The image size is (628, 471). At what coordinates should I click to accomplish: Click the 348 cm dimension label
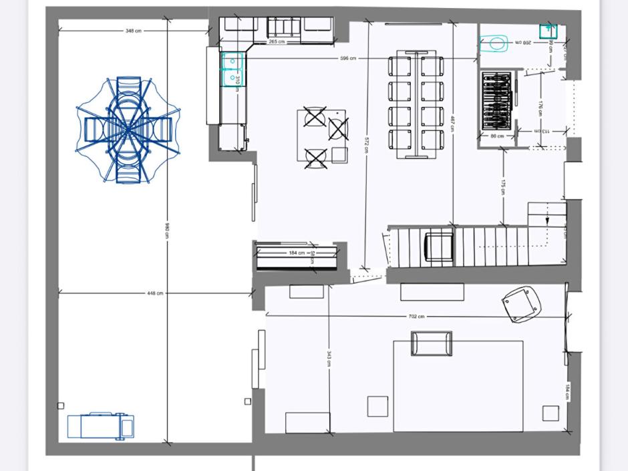pyautogui.click(x=134, y=31)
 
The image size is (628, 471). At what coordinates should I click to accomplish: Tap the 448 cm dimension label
pyautogui.click(x=155, y=293)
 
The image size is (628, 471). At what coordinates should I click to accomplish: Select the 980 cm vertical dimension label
pyautogui.click(x=166, y=231)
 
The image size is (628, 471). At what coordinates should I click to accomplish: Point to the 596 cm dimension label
pyautogui.click(x=348, y=59)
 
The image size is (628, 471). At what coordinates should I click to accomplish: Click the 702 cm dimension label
pyautogui.click(x=416, y=316)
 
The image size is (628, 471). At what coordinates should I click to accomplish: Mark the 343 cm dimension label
pyautogui.click(x=329, y=358)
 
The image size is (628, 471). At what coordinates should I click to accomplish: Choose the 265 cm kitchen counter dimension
pyautogui.click(x=277, y=41)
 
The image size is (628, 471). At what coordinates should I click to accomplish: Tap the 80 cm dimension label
pyautogui.click(x=496, y=136)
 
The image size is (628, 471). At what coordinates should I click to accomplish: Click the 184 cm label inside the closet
pyautogui.click(x=297, y=253)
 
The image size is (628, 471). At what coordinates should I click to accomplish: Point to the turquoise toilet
pyautogui.click(x=495, y=44)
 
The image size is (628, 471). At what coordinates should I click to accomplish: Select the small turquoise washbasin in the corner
pyautogui.click(x=548, y=30)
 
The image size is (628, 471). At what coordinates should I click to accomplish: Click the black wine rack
pyautogui.click(x=496, y=102)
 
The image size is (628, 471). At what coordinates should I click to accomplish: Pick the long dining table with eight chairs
pyautogui.click(x=416, y=104)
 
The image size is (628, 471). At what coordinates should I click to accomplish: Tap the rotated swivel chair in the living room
pyautogui.click(x=522, y=303)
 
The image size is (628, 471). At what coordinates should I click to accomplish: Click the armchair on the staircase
pyautogui.click(x=440, y=247)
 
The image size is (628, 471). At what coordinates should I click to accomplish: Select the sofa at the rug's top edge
pyautogui.click(x=432, y=343)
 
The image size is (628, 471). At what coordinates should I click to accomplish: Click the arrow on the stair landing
pyautogui.click(x=547, y=219)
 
